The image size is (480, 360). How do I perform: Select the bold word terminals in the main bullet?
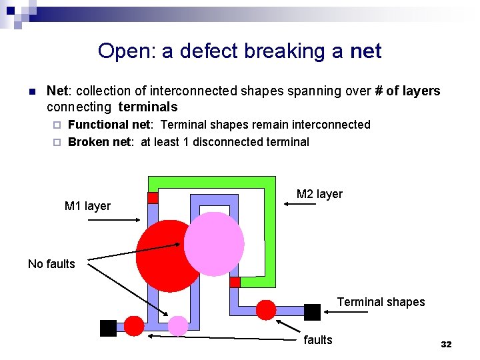point(148,107)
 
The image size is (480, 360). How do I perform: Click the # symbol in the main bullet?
point(379,91)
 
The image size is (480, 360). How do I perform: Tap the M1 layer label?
point(87,206)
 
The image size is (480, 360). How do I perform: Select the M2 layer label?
point(319,194)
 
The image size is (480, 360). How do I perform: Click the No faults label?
point(51,264)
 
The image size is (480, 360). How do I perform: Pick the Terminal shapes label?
point(381,302)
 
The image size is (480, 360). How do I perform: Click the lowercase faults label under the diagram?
point(317,340)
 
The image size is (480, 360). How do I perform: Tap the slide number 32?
point(446,344)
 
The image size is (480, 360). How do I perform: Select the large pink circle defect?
point(214,243)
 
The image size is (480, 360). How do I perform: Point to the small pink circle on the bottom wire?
point(178,325)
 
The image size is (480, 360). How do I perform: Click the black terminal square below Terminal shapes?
point(312,311)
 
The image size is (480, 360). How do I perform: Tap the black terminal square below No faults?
point(108,328)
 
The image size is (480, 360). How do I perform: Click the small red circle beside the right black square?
point(266,309)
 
